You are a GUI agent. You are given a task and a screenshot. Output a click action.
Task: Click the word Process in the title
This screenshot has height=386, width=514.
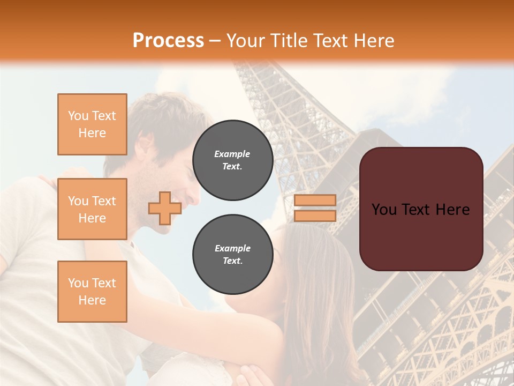tap(168, 41)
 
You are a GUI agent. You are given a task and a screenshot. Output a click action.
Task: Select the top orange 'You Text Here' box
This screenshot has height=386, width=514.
tap(92, 124)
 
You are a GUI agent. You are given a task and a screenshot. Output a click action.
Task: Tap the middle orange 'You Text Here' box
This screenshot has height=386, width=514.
tap(92, 209)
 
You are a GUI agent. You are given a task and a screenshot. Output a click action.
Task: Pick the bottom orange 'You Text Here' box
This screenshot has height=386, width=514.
tap(92, 292)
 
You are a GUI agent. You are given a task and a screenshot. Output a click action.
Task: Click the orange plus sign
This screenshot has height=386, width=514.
tap(164, 208)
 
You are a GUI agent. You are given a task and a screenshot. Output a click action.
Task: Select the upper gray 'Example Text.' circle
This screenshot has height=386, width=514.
tap(232, 160)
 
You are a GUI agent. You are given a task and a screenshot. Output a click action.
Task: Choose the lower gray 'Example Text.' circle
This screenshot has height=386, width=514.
tap(232, 254)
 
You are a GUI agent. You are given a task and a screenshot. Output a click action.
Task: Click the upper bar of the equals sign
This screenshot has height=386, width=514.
tap(315, 200)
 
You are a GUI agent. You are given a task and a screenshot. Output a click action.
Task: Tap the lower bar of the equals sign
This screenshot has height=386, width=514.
tap(315, 216)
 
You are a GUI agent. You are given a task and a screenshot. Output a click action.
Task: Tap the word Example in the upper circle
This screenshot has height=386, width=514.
tap(232, 154)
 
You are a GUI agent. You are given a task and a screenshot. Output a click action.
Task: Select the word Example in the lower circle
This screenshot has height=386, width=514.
tap(232, 248)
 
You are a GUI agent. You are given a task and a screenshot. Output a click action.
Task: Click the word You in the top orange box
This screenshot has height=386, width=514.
tap(78, 116)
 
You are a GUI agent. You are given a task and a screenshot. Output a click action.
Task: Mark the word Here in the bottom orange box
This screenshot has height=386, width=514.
tap(92, 300)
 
